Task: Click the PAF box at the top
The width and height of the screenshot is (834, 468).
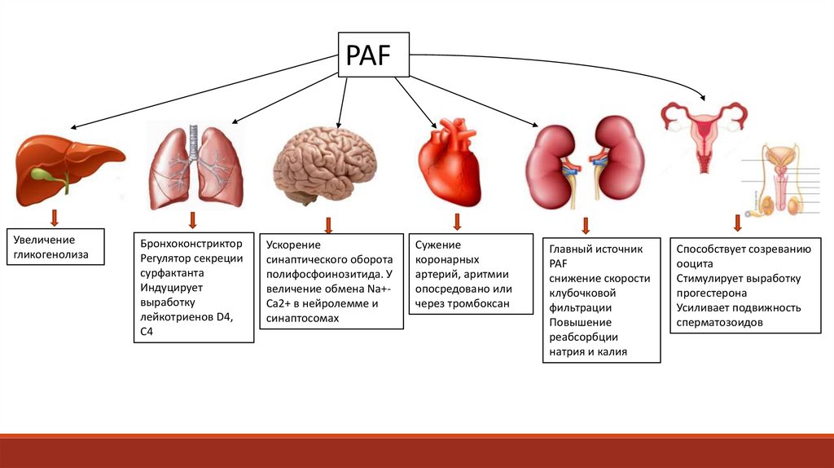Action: pos(373,55)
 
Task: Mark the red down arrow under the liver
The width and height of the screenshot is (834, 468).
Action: pos(55,218)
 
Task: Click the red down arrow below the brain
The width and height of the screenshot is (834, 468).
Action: pos(329,224)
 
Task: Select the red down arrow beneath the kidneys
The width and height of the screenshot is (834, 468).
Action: pos(586,226)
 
